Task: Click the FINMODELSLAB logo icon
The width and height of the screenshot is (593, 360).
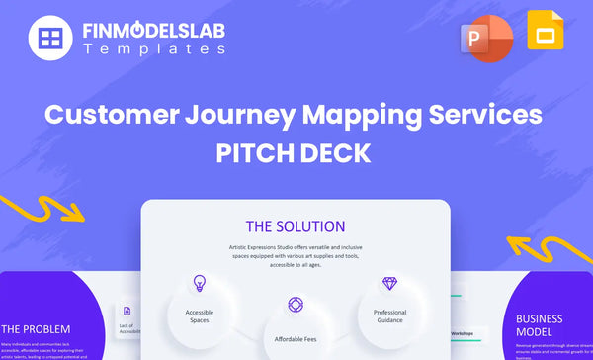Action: click(x=47, y=39)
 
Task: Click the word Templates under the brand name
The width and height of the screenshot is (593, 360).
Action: click(x=154, y=48)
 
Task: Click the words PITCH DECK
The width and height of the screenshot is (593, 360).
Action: click(x=296, y=156)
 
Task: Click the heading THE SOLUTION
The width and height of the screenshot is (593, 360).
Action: click(x=296, y=226)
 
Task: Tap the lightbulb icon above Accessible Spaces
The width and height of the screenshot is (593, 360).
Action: click(x=199, y=283)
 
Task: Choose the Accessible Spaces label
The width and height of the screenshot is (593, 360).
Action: click(x=199, y=315)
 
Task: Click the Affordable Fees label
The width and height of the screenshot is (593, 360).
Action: click(x=295, y=339)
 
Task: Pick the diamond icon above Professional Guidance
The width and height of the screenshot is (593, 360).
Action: click(x=390, y=283)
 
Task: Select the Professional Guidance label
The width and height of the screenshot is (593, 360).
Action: click(x=390, y=315)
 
